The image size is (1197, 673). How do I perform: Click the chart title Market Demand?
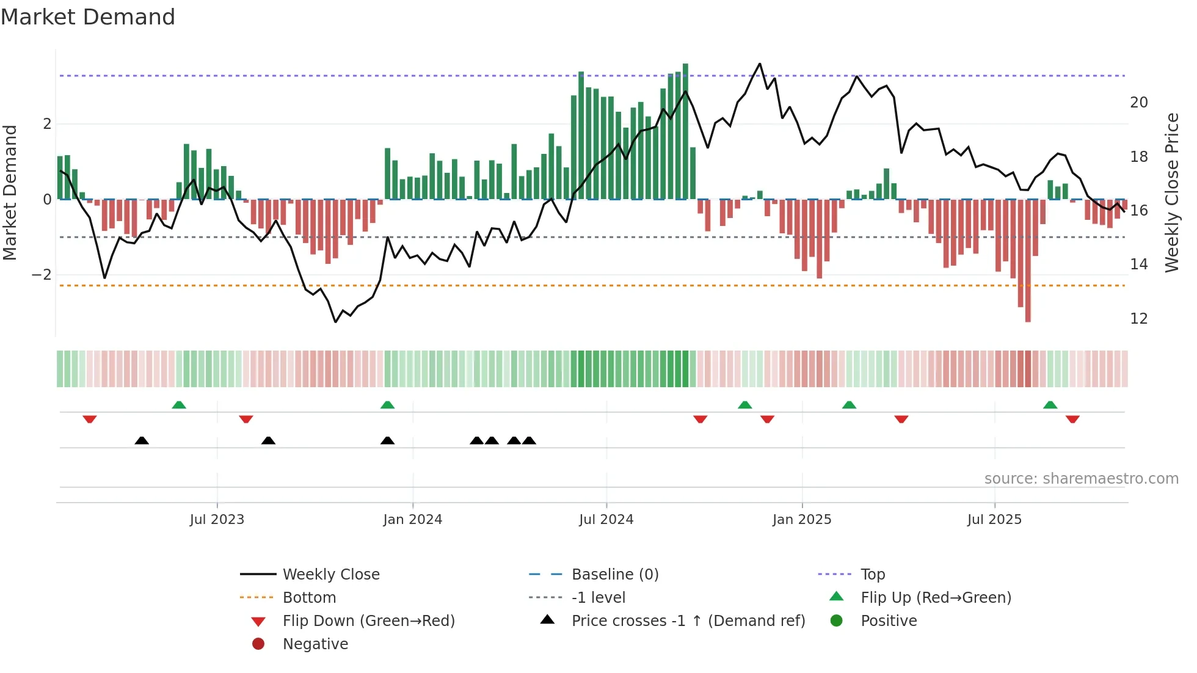pos(88,17)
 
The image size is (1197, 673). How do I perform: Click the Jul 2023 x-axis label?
pos(217,520)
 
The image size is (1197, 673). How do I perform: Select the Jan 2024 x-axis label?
pos(412,520)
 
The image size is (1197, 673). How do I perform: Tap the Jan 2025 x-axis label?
pos(801,520)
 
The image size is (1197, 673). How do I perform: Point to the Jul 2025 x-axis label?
pos(994,520)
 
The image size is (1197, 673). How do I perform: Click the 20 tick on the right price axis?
pos(1138,103)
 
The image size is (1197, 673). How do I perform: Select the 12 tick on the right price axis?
pos(1138,319)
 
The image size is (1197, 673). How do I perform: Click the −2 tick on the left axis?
pos(42,275)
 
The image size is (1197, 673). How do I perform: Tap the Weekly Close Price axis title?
pos(1171,192)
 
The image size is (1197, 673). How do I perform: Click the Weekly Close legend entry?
pos(330,575)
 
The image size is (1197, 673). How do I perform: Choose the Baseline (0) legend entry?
pos(614,575)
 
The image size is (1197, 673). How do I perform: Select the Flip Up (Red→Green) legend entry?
pos(935,598)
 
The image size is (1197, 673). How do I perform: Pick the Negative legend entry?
pos(315,644)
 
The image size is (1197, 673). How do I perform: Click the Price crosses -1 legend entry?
pos(688,621)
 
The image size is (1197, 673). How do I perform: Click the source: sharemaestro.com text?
pos(1081,479)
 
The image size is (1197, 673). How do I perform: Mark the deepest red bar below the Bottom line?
pos(1028,305)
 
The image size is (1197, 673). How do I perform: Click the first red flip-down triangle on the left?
pos(90,419)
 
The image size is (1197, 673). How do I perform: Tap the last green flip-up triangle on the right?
pos(1050,405)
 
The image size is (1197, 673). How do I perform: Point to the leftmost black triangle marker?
pos(142,440)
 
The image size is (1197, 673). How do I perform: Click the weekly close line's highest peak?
pos(760,64)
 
